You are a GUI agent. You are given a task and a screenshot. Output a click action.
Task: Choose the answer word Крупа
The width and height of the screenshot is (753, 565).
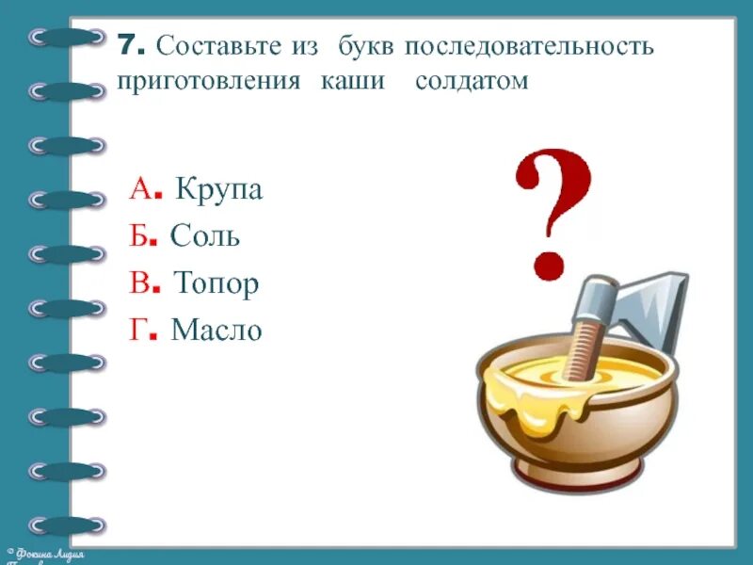point(218,191)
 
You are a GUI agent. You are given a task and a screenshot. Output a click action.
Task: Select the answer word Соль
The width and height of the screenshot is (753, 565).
point(205,237)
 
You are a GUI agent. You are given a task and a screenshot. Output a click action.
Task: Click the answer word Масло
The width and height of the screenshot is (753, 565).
point(216,330)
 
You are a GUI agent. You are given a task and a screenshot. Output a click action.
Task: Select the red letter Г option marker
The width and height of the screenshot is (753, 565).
point(137,330)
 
